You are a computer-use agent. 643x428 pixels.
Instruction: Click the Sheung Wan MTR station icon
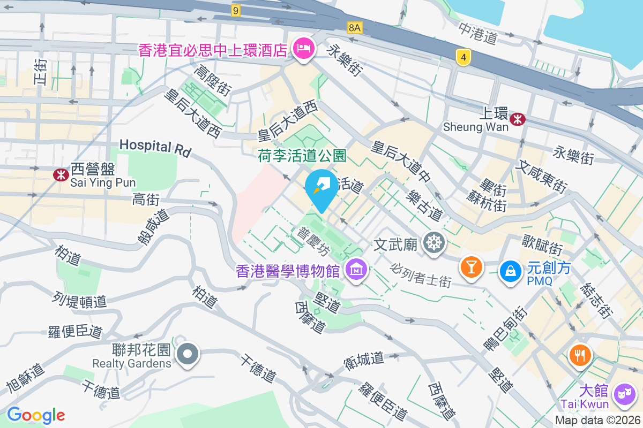coord(518,119)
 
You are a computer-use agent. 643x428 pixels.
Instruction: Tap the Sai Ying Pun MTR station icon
coord(60,174)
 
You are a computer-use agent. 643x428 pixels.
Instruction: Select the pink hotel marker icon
coord(303,50)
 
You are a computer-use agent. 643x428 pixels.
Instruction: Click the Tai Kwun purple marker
coord(624,394)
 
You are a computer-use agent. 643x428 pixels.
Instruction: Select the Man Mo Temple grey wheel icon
coord(433,243)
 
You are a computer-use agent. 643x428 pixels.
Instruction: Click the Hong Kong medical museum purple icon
coord(356,270)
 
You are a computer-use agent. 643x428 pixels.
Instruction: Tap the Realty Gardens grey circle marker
coord(188,354)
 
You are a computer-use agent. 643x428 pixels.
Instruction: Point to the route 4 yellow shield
coord(463,57)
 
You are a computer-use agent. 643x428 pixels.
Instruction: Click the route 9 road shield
coord(236,10)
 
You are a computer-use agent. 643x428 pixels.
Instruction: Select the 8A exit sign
coord(354,28)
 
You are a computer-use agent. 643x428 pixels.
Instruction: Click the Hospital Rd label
coord(155,148)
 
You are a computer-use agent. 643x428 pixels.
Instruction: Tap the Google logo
coord(36,415)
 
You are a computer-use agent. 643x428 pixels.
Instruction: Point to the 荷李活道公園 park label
coord(302,156)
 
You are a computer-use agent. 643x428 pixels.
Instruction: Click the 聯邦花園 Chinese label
coord(141,350)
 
